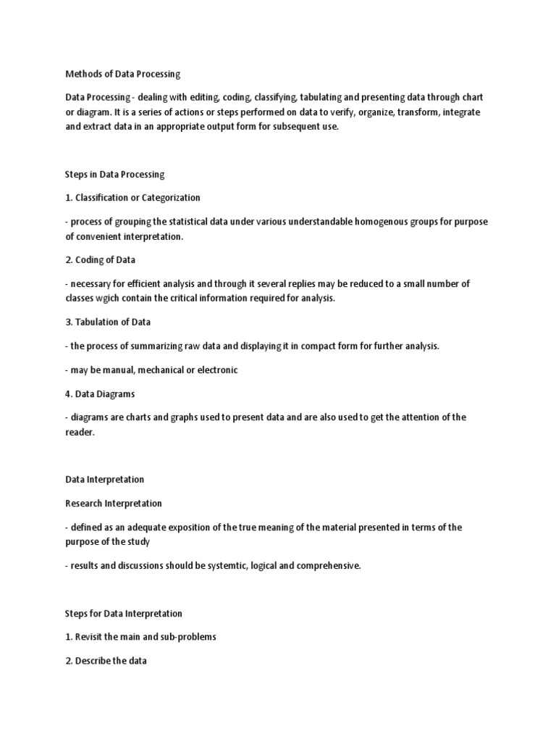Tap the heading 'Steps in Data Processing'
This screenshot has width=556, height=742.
tap(115, 174)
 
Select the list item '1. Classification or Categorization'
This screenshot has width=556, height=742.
tap(132, 197)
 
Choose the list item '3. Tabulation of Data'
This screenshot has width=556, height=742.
tap(108, 322)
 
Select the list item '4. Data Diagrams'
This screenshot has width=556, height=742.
tap(100, 393)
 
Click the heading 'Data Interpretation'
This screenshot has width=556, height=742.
tap(104, 479)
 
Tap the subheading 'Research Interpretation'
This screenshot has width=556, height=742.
tap(113, 503)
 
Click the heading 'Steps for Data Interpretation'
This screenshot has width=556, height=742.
tap(123, 614)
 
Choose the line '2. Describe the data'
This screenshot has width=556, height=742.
tap(106, 661)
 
